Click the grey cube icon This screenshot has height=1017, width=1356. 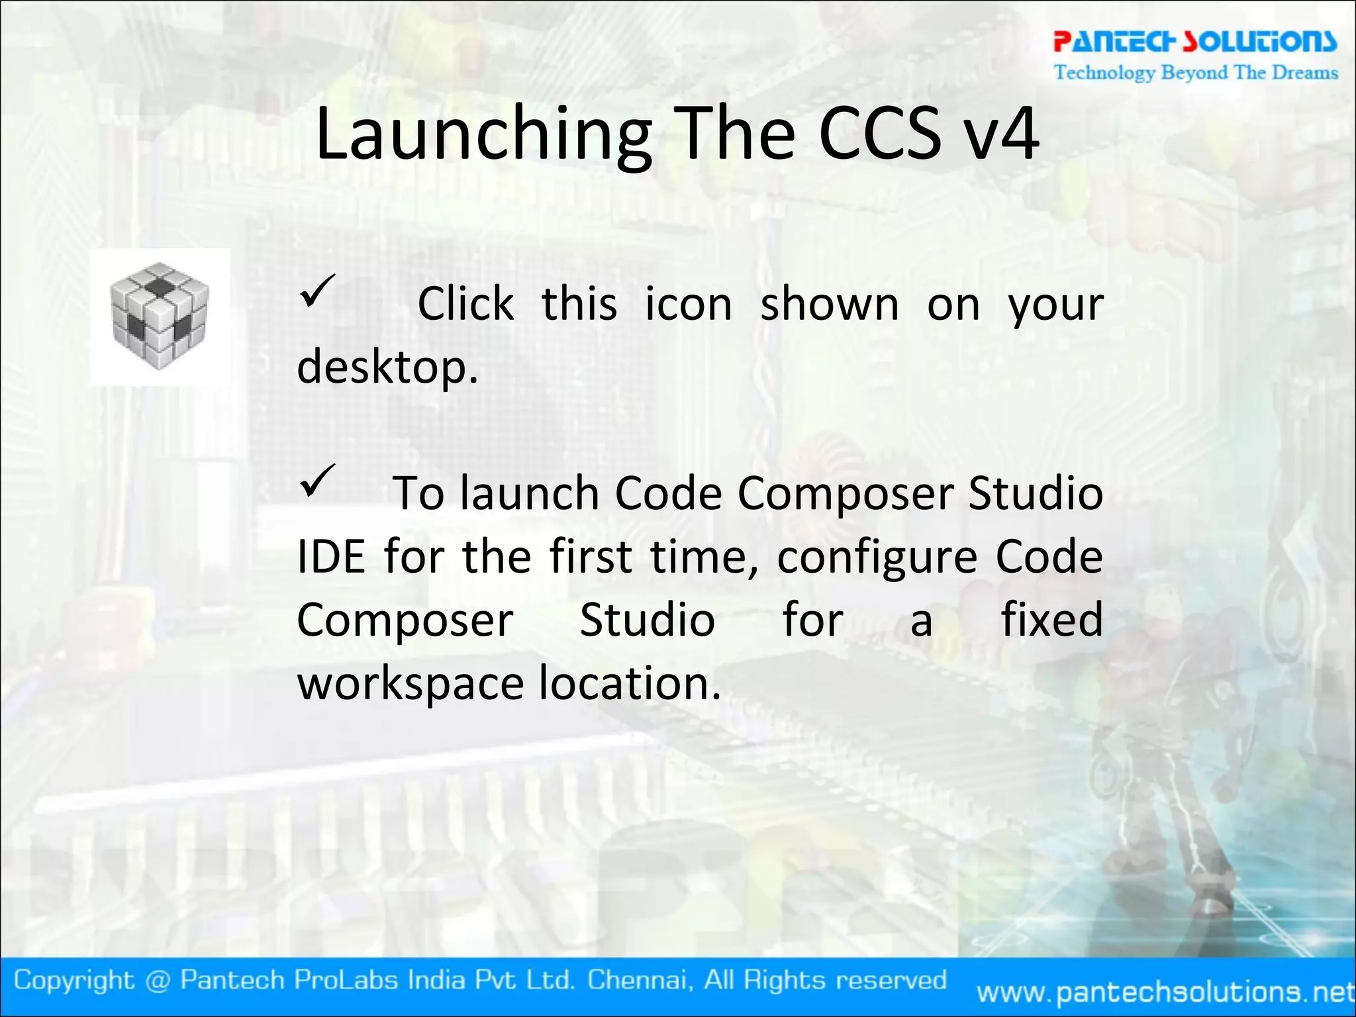coord(160,316)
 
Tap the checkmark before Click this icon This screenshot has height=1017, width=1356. coord(318,291)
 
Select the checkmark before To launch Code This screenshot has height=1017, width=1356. coord(318,481)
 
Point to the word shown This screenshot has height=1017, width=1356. coord(829,305)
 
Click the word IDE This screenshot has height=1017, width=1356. coord(330,557)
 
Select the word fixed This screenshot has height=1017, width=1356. coord(1051,620)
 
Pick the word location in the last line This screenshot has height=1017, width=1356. coord(629,683)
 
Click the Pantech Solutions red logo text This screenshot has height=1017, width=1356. coord(1195,42)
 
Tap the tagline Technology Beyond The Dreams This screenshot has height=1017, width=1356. coord(1196,72)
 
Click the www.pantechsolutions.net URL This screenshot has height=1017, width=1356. coord(1165,992)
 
